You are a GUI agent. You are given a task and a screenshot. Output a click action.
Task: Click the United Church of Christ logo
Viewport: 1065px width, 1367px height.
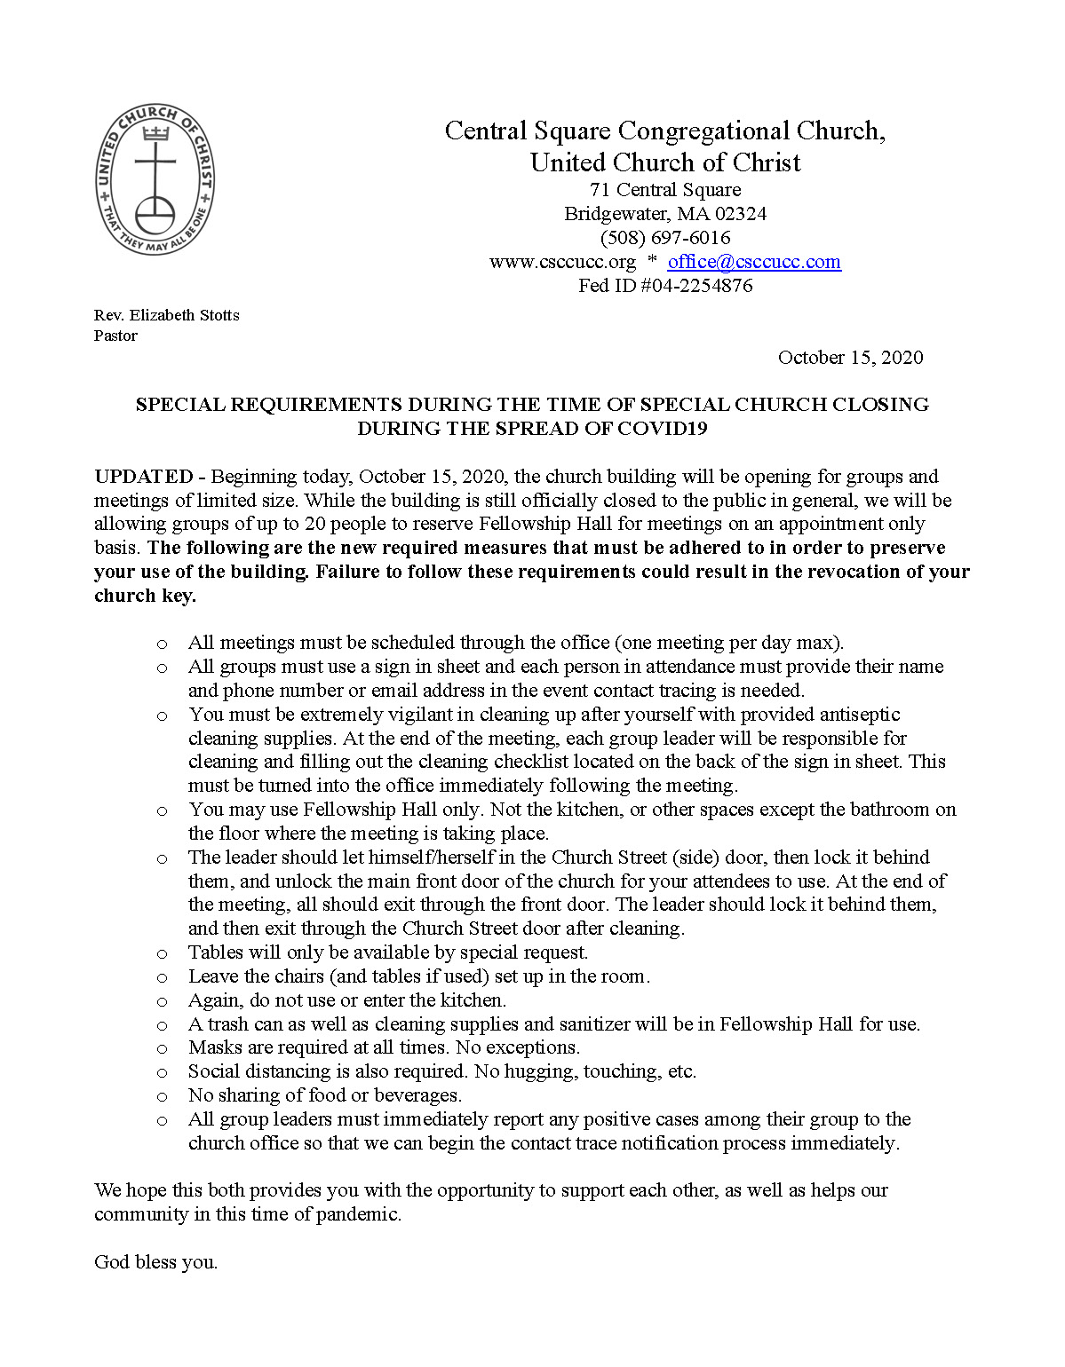(155, 179)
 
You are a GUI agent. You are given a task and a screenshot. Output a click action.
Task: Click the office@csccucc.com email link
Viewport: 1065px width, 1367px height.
(754, 262)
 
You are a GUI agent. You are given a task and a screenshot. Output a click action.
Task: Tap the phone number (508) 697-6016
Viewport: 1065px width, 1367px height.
(665, 238)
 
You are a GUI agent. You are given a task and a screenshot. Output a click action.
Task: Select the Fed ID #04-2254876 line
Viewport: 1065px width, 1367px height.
(665, 286)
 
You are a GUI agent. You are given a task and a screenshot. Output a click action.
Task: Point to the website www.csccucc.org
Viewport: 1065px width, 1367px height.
(562, 262)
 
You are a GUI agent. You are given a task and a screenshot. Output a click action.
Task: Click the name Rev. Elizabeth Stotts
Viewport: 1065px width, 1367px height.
(167, 315)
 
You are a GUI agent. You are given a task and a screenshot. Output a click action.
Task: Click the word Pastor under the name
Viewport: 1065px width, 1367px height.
(115, 336)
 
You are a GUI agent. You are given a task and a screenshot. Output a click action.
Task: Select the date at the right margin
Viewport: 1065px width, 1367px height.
(850, 358)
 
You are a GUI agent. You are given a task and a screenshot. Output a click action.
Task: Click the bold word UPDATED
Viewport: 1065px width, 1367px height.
(144, 477)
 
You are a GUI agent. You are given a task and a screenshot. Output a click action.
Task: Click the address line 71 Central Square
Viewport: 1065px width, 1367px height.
(665, 190)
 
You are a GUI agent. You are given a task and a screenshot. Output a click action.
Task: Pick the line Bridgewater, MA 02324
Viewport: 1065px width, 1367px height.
(665, 214)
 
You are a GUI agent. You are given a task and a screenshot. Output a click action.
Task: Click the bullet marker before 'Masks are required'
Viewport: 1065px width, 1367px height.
(162, 1049)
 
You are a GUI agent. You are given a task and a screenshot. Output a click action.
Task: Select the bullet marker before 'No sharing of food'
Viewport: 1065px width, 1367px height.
(162, 1097)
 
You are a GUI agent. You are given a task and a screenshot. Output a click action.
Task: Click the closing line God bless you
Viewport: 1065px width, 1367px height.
(156, 1262)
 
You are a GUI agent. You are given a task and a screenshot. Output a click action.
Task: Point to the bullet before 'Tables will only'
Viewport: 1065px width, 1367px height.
(162, 954)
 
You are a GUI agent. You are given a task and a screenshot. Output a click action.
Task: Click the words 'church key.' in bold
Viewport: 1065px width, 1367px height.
(145, 596)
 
